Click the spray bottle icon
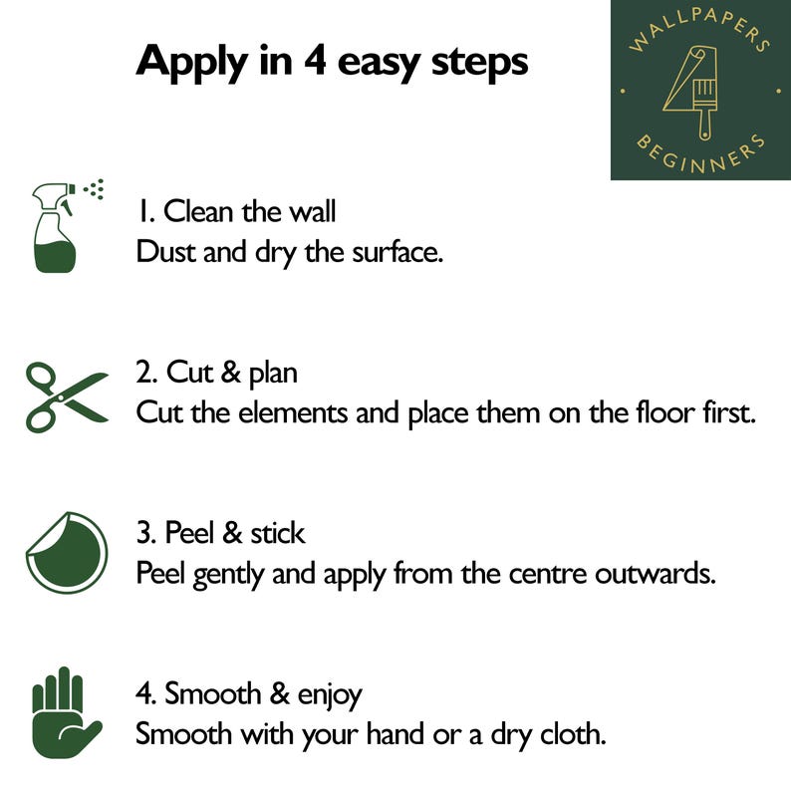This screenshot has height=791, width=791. click(55, 228)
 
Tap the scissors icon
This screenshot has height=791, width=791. click(67, 397)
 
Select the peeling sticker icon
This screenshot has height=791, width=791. click(67, 552)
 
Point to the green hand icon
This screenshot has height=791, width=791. click(66, 712)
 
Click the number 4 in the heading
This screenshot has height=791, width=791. click(314, 61)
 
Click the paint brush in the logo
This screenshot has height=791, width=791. click(704, 109)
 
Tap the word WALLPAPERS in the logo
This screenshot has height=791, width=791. click(699, 29)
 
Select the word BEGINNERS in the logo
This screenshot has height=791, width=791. click(700, 153)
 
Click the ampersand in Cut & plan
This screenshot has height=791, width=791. click(230, 373)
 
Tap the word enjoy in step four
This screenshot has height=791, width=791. click(330, 696)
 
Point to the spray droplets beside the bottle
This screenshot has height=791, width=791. click(94, 189)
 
